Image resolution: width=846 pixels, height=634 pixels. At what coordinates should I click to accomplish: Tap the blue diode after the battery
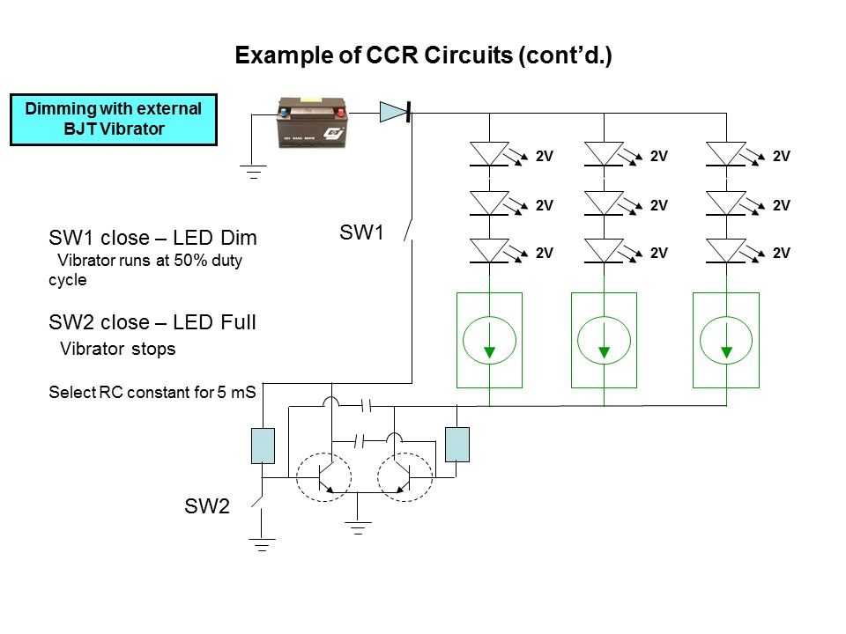click(x=393, y=112)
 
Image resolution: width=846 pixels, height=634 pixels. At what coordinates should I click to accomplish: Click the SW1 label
click(x=362, y=233)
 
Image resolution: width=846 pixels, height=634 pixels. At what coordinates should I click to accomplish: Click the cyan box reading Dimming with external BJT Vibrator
click(x=114, y=121)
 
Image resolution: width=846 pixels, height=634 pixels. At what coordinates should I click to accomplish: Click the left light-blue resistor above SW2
click(x=264, y=445)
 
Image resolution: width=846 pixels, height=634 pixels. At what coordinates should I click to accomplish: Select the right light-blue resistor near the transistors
click(x=457, y=445)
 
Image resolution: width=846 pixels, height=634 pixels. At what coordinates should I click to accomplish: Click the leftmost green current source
click(x=489, y=340)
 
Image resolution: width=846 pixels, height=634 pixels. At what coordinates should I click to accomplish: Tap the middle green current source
click(x=604, y=340)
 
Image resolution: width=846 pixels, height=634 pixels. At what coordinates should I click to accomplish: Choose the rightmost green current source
click(x=726, y=340)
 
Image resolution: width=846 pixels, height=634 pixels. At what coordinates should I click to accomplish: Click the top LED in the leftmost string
click(x=489, y=155)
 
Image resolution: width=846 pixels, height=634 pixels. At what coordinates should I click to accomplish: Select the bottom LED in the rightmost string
click(x=726, y=252)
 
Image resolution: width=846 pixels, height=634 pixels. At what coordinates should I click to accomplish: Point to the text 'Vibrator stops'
click(x=117, y=349)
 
